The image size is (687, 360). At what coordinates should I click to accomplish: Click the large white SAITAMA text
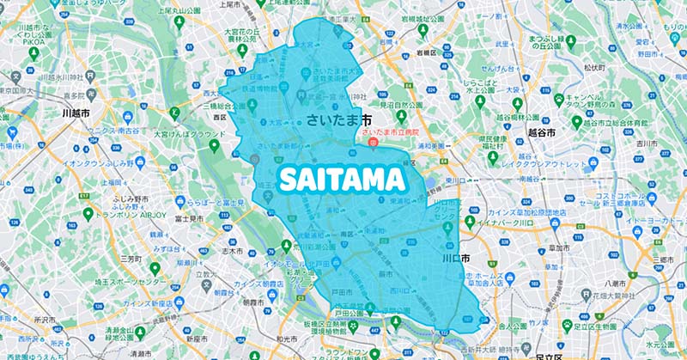(x=341, y=180)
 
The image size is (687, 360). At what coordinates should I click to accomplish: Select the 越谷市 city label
(x=541, y=134)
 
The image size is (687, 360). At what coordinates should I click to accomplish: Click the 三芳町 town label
(x=131, y=258)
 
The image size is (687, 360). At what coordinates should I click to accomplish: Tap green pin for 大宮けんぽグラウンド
(x=175, y=112)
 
